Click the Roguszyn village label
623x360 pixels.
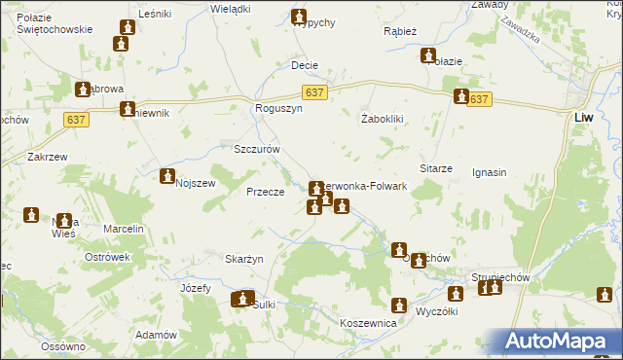point(279,110)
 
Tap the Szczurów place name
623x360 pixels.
point(257,150)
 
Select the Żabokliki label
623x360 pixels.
point(382,120)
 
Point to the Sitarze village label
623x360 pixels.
point(436,168)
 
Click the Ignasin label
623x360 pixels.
point(489,173)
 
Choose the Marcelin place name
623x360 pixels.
point(124,229)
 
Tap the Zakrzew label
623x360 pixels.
point(47,156)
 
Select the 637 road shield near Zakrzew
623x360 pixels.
point(80,119)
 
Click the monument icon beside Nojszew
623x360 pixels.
point(167,177)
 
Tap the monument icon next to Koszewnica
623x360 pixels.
point(398,305)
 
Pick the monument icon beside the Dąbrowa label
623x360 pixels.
point(83,89)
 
